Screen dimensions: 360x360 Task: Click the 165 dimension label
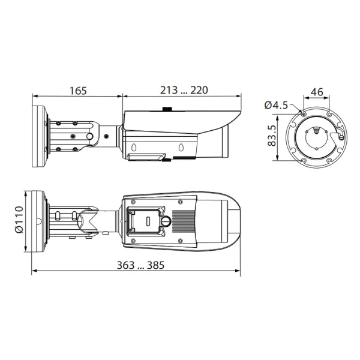pyautogui.click(x=77, y=91)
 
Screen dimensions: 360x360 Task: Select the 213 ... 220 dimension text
pyautogui.click(x=184, y=91)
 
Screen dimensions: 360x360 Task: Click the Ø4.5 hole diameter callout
pyautogui.click(x=275, y=106)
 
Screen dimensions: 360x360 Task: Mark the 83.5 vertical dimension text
pyautogui.click(x=271, y=137)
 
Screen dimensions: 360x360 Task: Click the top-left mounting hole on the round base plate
pyautogui.click(x=303, y=114)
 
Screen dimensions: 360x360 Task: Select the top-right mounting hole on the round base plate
pyautogui.click(x=329, y=114)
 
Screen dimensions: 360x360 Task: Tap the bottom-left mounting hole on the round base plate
pyautogui.click(x=303, y=160)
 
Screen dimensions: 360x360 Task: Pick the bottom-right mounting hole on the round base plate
pyautogui.click(x=329, y=160)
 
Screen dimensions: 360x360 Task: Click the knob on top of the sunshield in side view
pyautogui.click(x=167, y=110)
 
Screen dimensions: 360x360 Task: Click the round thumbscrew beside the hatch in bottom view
pyautogui.click(x=166, y=223)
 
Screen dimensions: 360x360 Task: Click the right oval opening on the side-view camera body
pyautogui.click(x=181, y=146)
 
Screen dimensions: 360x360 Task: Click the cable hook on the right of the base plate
pyautogui.click(x=341, y=137)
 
